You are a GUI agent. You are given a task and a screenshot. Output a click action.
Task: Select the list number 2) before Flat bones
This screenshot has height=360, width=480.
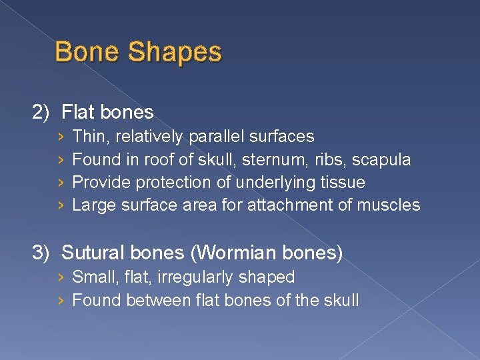[42, 112]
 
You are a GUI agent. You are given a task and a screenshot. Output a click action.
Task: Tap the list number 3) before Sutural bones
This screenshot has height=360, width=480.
[42, 253]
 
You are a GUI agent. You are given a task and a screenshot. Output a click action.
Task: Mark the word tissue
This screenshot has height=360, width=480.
[342, 182]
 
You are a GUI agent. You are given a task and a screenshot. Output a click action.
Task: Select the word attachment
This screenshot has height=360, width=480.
[288, 205]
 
